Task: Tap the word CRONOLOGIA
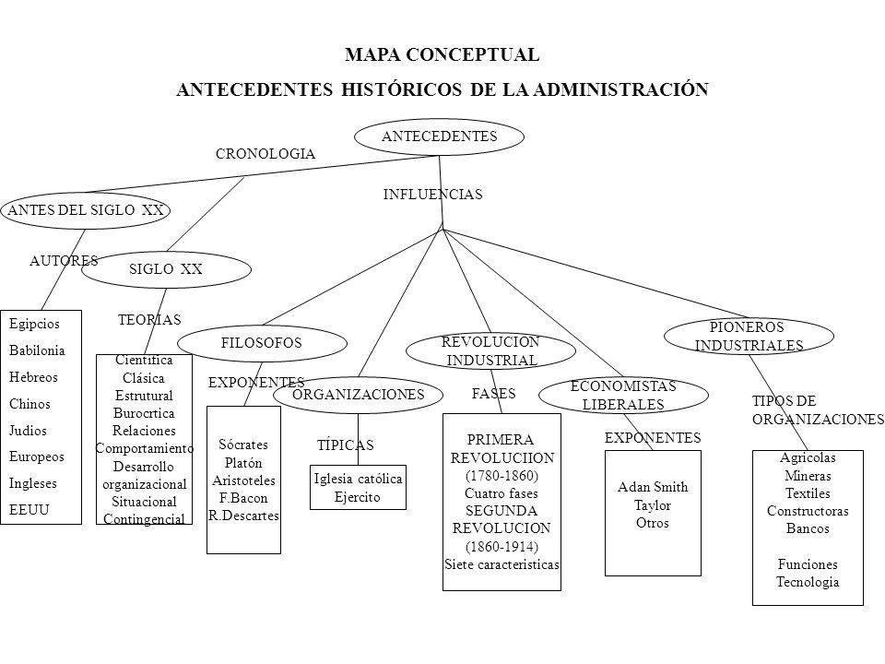click(265, 154)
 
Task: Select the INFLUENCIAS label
click(433, 195)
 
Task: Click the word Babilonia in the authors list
click(37, 350)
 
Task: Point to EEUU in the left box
click(29, 510)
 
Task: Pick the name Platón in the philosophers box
click(243, 463)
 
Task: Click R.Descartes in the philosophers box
click(243, 516)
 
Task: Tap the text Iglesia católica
click(358, 480)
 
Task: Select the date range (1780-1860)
click(501, 476)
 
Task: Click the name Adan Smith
click(653, 487)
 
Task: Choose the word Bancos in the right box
click(808, 529)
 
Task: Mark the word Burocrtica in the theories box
click(144, 413)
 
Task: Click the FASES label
click(494, 394)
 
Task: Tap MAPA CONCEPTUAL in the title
click(442, 54)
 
